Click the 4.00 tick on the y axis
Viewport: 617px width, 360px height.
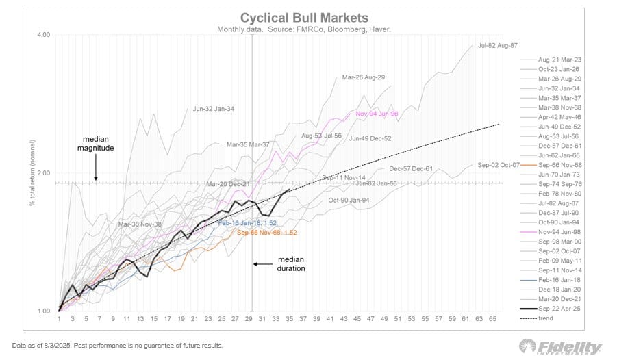pos(42,35)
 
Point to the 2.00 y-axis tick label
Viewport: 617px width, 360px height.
pos(42,173)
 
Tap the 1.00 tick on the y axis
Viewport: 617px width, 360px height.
pos(42,311)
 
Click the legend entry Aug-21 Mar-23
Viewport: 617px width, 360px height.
pos(559,60)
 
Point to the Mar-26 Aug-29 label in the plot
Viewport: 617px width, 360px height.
pos(364,77)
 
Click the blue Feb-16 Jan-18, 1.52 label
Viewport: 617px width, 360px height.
pos(247,223)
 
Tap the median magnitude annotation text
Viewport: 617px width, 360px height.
pos(95,142)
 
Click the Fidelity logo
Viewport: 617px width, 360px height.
pos(560,346)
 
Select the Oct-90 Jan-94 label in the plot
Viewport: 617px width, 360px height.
pos(349,201)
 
